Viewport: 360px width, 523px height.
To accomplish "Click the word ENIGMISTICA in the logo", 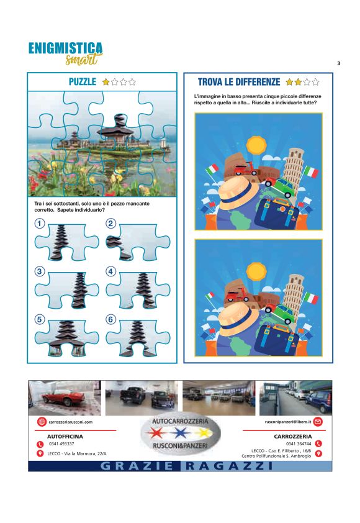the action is point(65,48).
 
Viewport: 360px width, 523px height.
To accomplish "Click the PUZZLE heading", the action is point(83,82).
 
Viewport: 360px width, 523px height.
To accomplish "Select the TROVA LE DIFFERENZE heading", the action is point(239,82).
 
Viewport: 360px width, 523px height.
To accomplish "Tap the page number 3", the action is point(339,63).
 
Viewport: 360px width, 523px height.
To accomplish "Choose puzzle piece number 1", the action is point(66,242).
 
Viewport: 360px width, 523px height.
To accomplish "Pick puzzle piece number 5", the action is point(66,338).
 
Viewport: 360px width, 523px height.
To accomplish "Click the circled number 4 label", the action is point(110,271).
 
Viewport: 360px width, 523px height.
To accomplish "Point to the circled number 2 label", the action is point(110,223).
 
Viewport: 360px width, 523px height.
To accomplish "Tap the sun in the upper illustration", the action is point(256,144).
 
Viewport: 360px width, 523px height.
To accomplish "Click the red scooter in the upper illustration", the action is point(246,170).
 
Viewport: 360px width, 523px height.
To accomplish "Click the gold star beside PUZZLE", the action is point(106,82).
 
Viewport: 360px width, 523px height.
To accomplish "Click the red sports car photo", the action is point(65,398).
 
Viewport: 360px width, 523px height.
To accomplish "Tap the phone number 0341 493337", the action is point(61,443).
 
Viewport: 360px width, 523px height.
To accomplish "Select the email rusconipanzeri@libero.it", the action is point(287,422).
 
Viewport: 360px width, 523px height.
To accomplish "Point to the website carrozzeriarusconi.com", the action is point(70,422).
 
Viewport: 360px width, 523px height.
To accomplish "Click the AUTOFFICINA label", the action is point(65,436).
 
